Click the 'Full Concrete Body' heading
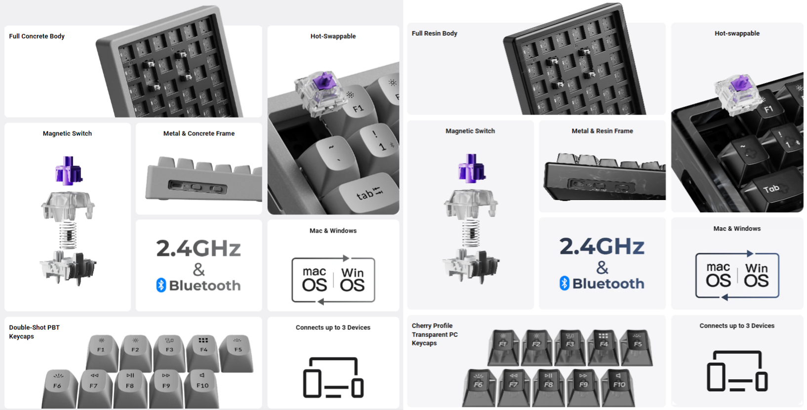(x=37, y=36)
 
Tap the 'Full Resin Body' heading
(x=435, y=34)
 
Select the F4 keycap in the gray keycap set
(x=203, y=352)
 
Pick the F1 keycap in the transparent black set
(x=503, y=347)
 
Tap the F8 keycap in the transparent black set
(x=548, y=387)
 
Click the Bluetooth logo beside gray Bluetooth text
(x=161, y=286)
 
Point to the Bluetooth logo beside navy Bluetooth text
(x=564, y=284)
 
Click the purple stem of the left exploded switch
(x=69, y=170)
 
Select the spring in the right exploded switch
(x=471, y=233)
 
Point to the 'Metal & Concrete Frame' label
(x=199, y=134)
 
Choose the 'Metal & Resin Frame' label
(x=603, y=131)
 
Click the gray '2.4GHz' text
(x=199, y=248)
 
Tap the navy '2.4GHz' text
(x=602, y=246)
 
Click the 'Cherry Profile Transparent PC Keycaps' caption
(x=435, y=334)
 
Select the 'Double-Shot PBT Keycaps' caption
(x=34, y=332)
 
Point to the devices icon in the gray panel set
(x=333, y=377)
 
